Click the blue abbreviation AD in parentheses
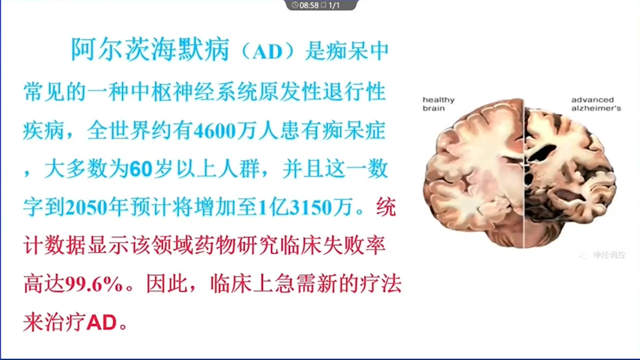pos(267,51)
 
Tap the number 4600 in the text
pos(215,131)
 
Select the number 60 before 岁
pos(141,169)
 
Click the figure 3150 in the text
pos(310,207)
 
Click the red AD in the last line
pos(101,322)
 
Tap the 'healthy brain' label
pos(438,104)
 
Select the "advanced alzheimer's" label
pos(596,104)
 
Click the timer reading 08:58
pos(309,5)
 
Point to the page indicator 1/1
pos(334,5)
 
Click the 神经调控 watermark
pos(609,255)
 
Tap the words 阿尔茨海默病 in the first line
pos(150,49)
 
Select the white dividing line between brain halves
pos(523,173)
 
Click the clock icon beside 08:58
pos(295,5)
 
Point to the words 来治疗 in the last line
pos(54,322)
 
